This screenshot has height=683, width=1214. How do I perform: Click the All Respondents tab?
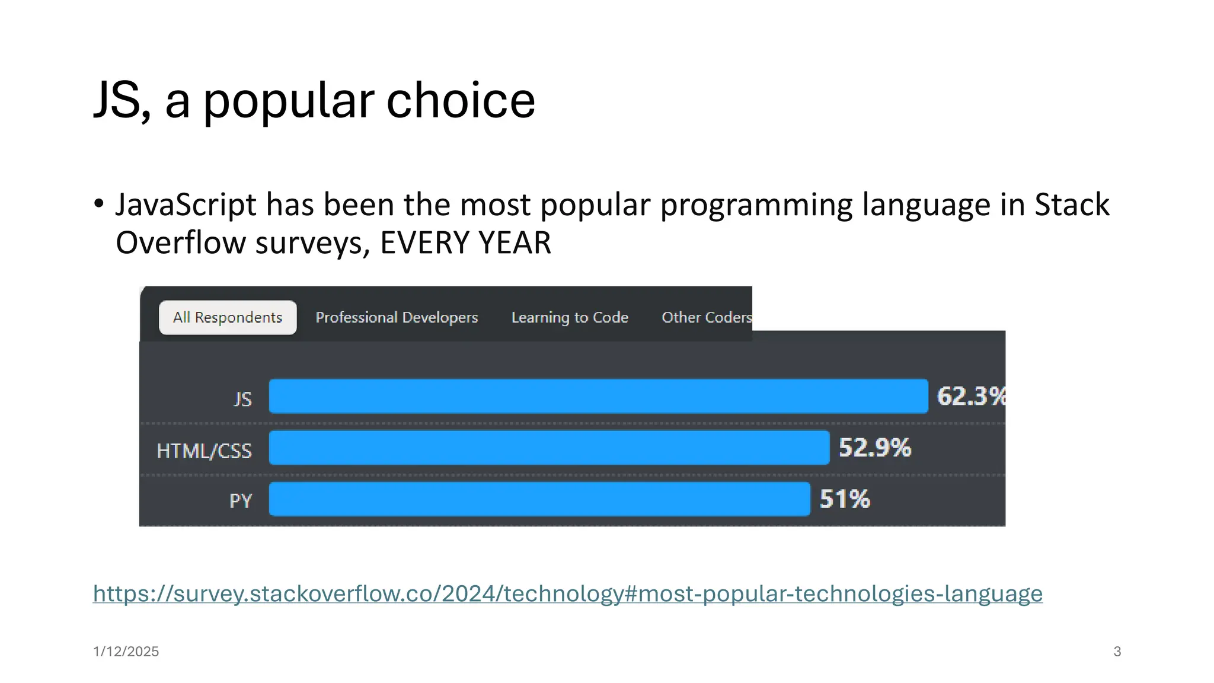[228, 318]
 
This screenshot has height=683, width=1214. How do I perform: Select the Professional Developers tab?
[397, 318]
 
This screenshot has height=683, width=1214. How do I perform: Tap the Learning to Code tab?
[570, 318]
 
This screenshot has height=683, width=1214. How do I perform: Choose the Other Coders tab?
[706, 318]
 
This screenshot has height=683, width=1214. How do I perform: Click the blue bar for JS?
[598, 396]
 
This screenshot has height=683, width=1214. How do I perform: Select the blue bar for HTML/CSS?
[549, 448]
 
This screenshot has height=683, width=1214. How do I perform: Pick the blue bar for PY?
[539, 499]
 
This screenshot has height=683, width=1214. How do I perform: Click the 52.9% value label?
[874, 448]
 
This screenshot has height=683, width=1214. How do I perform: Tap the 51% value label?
[845, 499]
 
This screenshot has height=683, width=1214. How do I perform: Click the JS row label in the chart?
[242, 399]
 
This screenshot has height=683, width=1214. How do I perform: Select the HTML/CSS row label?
[204, 451]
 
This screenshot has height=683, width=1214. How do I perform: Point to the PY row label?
[241, 502]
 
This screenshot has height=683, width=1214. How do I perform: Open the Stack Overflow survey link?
[567, 593]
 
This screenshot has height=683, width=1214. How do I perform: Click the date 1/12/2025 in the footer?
[126, 652]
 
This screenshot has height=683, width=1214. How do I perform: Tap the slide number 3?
[1117, 652]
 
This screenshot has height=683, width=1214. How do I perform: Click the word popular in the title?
[289, 101]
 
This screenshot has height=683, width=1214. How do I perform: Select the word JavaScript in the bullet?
[186, 205]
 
